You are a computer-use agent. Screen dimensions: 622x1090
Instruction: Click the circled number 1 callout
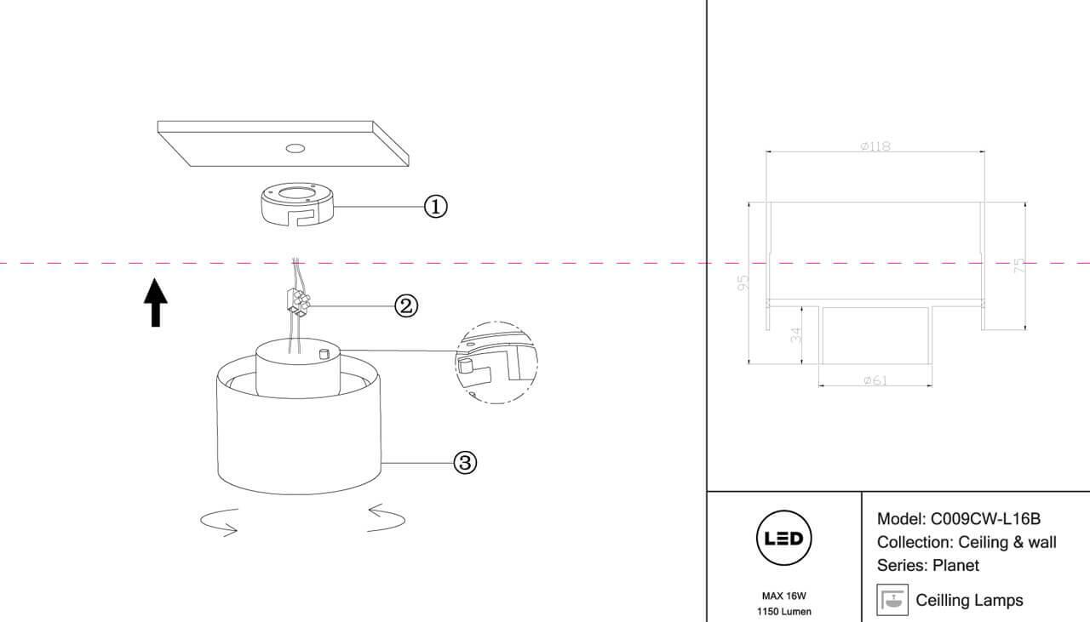coord(435,206)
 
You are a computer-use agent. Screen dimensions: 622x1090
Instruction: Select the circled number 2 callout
coord(406,305)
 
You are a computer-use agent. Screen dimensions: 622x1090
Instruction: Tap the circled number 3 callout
coord(464,462)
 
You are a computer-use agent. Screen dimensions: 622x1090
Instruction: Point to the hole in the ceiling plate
coord(295,149)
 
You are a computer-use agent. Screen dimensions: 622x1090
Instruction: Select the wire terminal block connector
coord(297,303)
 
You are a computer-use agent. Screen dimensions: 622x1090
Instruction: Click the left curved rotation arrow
coord(219,522)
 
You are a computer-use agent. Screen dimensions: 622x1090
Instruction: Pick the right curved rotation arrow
coord(386,517)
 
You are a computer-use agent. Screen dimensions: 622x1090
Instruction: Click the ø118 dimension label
coord(875,146)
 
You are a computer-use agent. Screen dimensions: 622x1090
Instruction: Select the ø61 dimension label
coord(875,380)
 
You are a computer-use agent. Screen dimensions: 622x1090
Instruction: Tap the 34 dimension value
coord(796,334)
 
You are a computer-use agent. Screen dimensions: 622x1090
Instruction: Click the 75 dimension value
coord(1018,266)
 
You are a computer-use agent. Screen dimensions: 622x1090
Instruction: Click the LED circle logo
coord(783,539)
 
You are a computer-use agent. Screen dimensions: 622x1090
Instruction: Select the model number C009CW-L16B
coord(986,518)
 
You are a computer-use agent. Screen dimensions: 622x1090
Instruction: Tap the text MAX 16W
coord(783,596)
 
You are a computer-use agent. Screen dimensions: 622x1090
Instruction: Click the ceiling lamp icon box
coord(892,600)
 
